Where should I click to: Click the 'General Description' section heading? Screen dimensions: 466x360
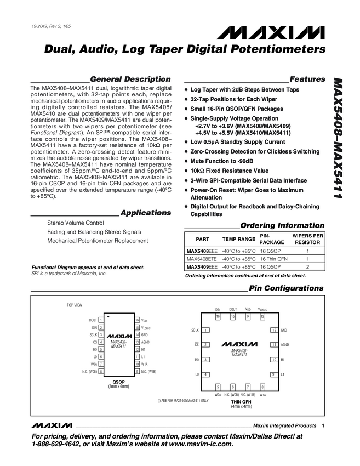pyautogui.click(x=130, y=79)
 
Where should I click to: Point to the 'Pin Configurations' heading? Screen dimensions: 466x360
pyautogui.click(x=286, y=288)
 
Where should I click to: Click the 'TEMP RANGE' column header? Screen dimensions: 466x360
pyautogui.click(x=238, y=240)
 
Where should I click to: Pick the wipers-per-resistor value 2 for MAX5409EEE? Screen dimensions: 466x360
pyautogui.click(x=307, y=267)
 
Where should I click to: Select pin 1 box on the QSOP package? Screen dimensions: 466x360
pyautogui.click(x=101, y=320)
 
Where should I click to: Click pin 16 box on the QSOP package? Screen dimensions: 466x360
pyautogui.click(x=137, y=320)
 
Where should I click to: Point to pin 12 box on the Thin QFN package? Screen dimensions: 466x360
pyautogui.click(x=273, y=330)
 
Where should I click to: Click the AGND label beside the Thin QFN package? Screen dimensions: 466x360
pyautogui.click(x=285, y=345)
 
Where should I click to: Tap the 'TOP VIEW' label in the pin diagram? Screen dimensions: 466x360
pyautogui.click(x=74, y=304)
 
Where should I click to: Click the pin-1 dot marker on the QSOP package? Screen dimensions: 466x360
pyautogui.click(x=109, y=317)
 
